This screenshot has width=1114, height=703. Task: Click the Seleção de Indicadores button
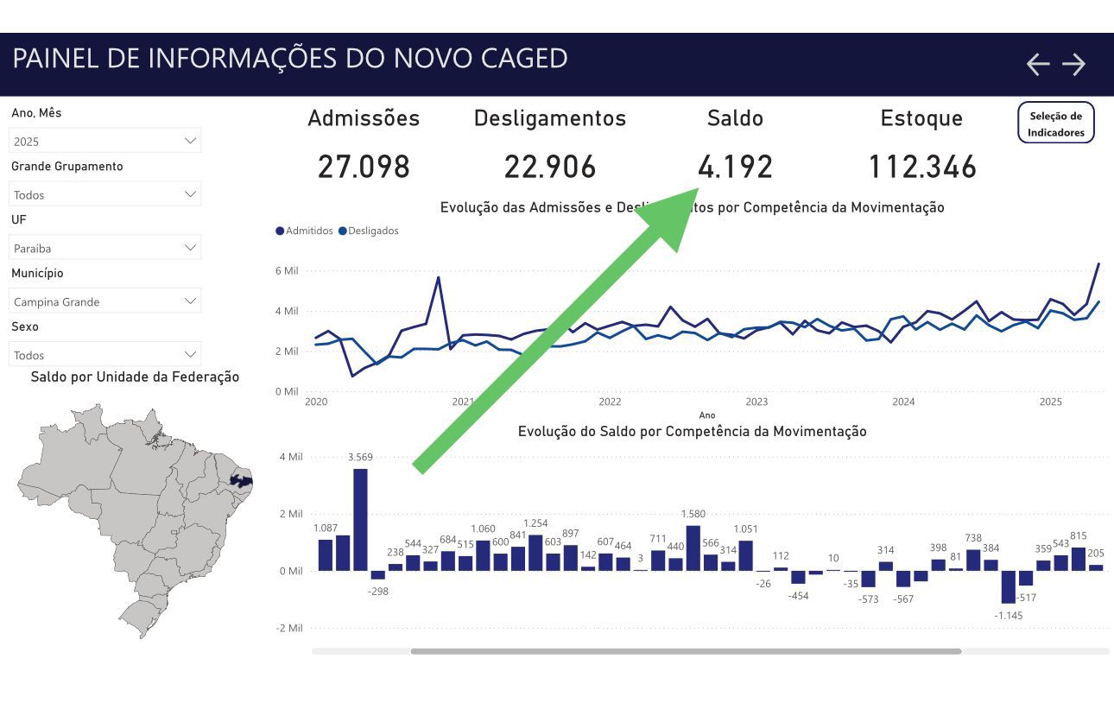[1055, 123]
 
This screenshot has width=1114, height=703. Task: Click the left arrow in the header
[1037, 64]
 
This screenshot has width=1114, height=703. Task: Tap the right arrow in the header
[1073, 64]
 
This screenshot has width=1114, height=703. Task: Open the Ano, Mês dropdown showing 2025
[104, 141]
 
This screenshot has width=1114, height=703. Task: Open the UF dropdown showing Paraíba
[104, 248]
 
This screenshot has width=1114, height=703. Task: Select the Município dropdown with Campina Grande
[104, 301]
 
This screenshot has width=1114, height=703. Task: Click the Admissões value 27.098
[364, 167]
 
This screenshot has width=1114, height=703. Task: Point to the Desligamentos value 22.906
[550, 167]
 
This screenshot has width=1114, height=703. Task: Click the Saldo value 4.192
[735, 167]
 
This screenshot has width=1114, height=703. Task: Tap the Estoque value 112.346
[921, 167]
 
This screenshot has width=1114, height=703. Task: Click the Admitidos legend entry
[304, 231]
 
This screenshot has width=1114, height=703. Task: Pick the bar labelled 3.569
[360, 519]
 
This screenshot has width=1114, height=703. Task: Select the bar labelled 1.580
[693, 548]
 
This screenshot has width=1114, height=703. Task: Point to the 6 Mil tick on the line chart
[287, 271]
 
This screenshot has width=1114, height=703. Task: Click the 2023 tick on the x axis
[756, 402]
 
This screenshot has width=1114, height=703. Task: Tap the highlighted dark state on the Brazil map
[242, 479]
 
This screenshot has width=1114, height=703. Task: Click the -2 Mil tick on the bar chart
[289, 628]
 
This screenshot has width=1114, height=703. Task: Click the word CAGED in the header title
[523, 58]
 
